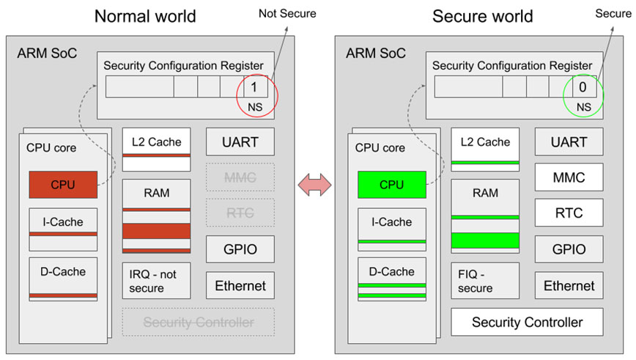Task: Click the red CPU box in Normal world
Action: click(x=62, y=185)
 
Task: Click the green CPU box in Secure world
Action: click(x=391, y=185)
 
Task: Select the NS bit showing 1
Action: click(x=254, y=87)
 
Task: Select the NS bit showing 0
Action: click(x=583, y=87)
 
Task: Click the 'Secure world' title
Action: click(x=482, y=15)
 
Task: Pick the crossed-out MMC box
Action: click(x=240, y=177)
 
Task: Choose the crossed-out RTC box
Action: click(x=240, y=213)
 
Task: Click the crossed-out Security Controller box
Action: click(x=198, y=322)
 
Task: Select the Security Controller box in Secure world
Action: click(x=527, y=322)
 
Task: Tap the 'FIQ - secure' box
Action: click(x=485, y=281)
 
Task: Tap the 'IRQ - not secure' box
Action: click(x=156, y=281)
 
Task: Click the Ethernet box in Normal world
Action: click(x=240, y=285)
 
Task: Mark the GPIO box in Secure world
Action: click(x=569, y=249)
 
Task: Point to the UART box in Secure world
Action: click(x=569, y=142)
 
